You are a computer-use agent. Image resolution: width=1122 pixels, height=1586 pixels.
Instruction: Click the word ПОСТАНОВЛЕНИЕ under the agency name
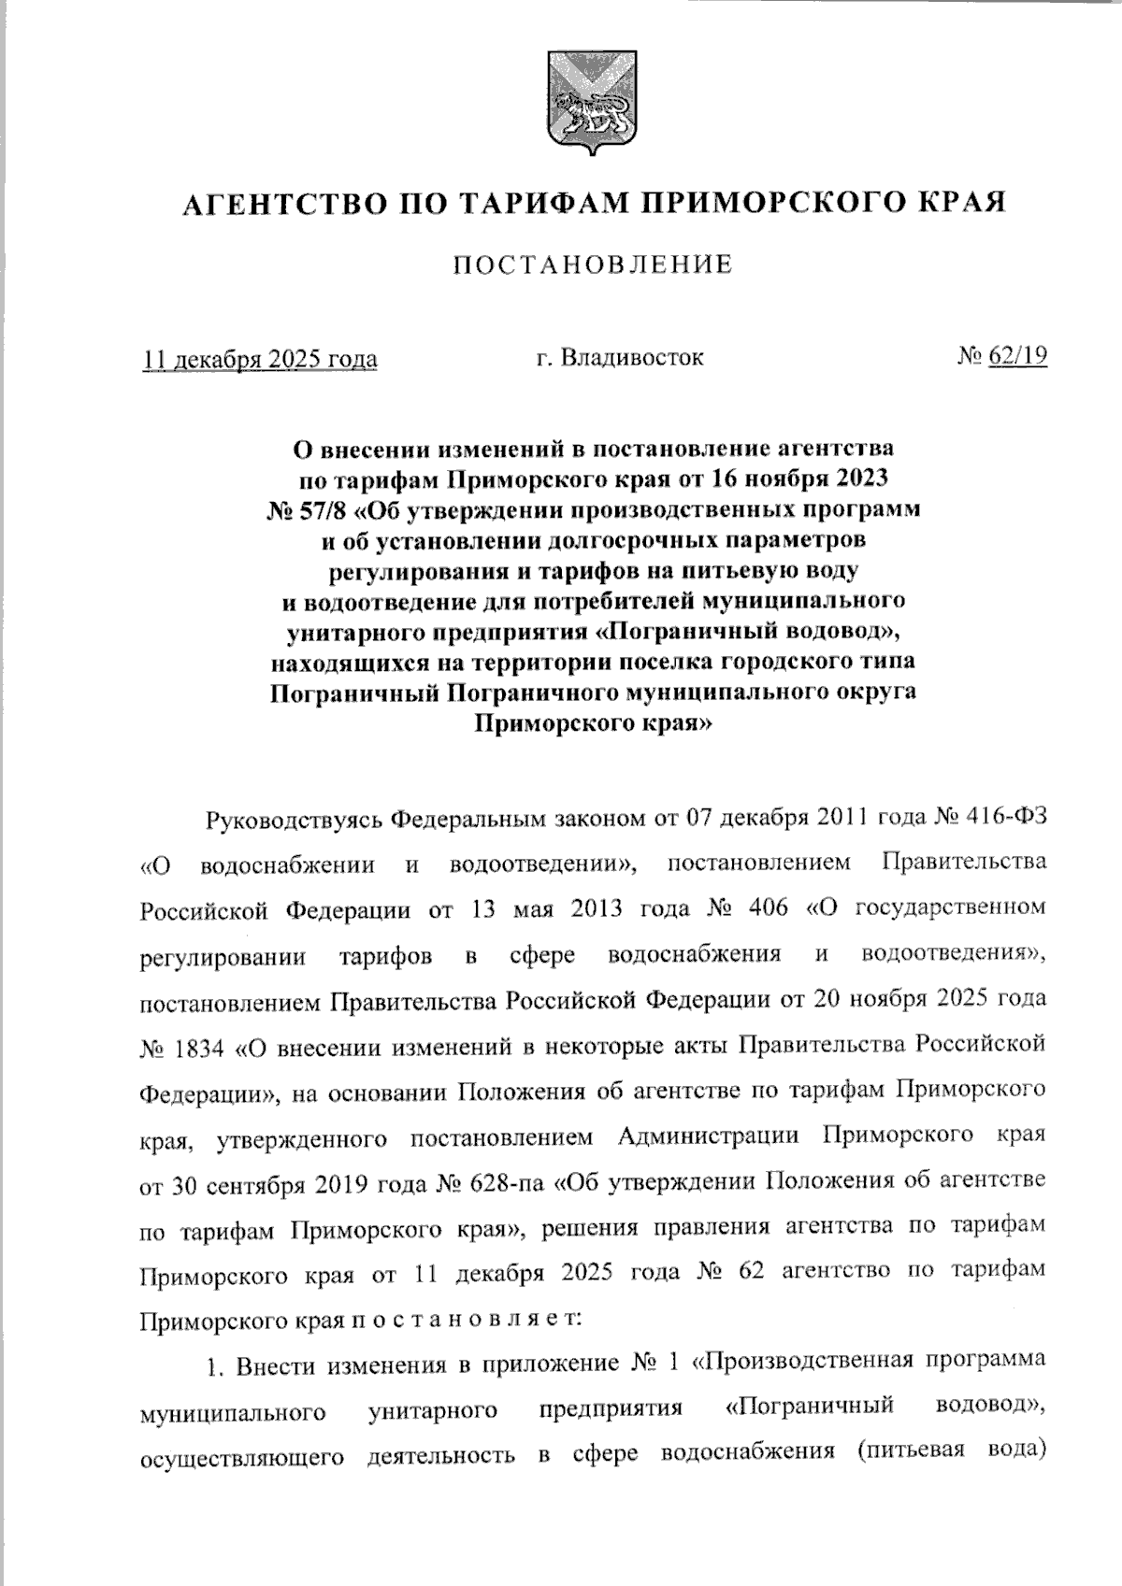[x=593, y=265]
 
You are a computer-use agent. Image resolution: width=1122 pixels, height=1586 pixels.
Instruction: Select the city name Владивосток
[x=631, y=357]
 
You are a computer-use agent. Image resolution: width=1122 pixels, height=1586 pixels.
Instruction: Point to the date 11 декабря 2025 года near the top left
[x=260, y=359]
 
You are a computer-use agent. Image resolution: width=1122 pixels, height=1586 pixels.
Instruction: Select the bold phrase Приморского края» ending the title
[x=593, y=722]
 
